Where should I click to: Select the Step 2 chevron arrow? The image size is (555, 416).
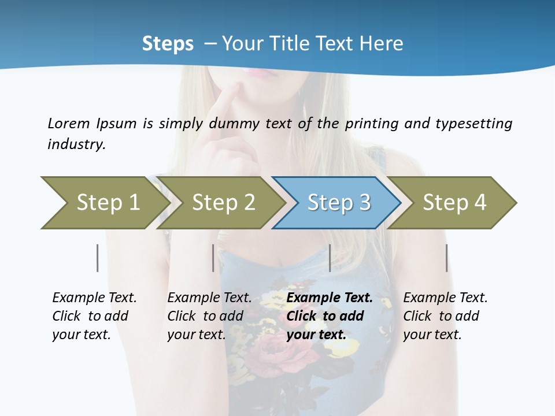pyautogui.click(x=223, y=203)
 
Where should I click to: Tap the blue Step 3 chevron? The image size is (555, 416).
pyautogui.click(x=338, y=203)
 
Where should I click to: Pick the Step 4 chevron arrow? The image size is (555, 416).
pyautogui.click(x=454, y=203)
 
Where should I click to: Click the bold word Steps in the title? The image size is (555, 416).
pyautogui.click(x=168, y=44)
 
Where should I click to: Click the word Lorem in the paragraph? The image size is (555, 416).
pyautogui.click(x=68, y=124)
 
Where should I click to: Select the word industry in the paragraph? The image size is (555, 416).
pyautogui.click(x=76, y=144)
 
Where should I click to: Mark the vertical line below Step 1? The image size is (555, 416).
pyautogui.click(x=98, y=258)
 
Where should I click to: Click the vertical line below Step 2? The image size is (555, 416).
pyautogui.click(x=213, y=258)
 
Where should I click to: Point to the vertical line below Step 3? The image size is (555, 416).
pyautogui.click(x=330, y=258)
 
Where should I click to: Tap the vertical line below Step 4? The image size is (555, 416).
pyautogui.click(x=446, y=258)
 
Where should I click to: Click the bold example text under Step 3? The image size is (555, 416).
pyautogui.click(x=329, y=316)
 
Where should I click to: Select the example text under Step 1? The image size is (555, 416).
pyautogui.click(x=94, y=316)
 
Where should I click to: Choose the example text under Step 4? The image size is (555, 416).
pyautogui.click(x=445, y=316)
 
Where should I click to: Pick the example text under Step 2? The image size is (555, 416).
pyautogui.click(x=209, y=316)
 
